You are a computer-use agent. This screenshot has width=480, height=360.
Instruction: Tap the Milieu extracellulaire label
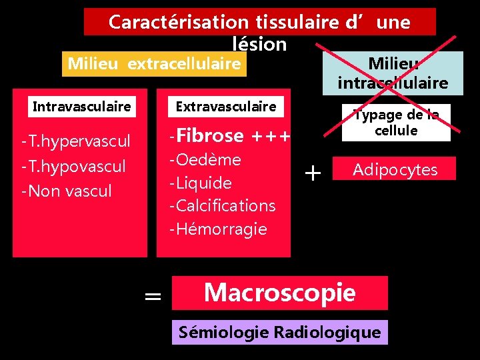(154, 63)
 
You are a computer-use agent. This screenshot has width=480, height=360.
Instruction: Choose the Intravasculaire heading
(82, 106)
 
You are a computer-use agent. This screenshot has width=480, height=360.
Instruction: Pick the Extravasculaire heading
(225, 106)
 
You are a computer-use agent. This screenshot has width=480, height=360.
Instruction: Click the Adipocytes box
(395, 169)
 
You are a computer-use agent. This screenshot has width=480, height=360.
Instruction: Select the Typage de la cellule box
(396, 123)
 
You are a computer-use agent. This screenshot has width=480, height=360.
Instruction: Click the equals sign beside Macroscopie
(153, 295)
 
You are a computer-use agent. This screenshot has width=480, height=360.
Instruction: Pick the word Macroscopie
(279, 292)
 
